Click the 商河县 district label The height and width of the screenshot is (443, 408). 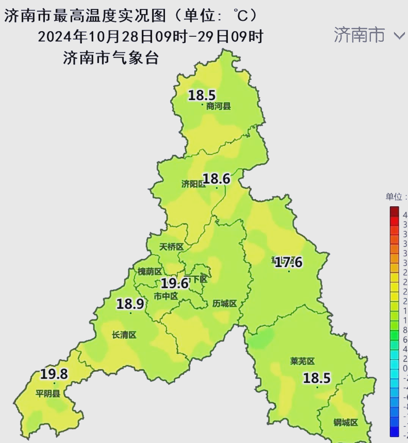click(218, 107)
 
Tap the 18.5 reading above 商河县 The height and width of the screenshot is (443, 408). click(202, 95)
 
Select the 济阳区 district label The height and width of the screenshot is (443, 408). click(193, 184)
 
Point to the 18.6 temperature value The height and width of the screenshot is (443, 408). click(217, 179)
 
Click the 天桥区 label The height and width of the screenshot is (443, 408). click(171, 247)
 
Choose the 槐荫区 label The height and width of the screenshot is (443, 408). click(150, 272)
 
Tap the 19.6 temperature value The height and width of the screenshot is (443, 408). click(175, 283)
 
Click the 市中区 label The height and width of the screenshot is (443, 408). click(166, 296)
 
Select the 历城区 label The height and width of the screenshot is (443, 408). click(224, 303)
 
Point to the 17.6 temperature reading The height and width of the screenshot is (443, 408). click(289, 262)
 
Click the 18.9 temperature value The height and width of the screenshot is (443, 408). click(130, 304)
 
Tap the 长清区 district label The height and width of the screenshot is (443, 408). click(124, 335)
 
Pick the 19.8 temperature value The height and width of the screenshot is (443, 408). click(54, 374)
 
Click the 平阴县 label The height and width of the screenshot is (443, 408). click(48, 393)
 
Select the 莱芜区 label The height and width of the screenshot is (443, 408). click(302, 361)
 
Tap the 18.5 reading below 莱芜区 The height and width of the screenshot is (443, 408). click(317, 378)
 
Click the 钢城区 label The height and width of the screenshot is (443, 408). click(345, 422)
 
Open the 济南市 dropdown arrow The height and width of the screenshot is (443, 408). click(399, 36)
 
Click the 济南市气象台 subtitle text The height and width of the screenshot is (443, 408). click(110, 58)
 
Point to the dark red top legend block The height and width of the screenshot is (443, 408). click(394, 211)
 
